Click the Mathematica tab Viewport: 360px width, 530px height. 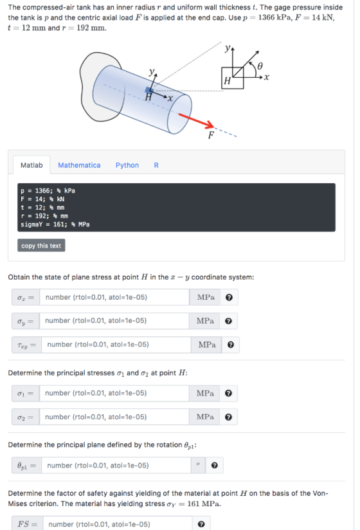[x=79, y=165]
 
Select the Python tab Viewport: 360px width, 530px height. [x=127, y=165]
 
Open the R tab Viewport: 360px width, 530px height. [x=156, y=165]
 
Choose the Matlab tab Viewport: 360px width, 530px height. [x=32, y=165]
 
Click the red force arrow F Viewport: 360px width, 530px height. [x=196, y=121]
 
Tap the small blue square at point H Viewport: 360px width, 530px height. [x=148, y=90]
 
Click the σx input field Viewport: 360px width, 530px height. [x=114, y=297]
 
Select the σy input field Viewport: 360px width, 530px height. [x=114, y=321]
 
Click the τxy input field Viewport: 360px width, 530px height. [x=116, y=345]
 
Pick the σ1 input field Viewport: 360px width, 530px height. [x=114, y=394]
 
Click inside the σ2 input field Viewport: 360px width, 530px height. [x=114, y=417]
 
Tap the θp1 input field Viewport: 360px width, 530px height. [x=116, y=466]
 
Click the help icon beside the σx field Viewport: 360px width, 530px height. [x=229, y=297]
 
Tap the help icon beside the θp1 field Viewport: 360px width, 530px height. [x=214, y=466]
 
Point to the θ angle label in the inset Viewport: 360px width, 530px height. [x=260, y=66]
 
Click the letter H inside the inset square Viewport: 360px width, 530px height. [x=228, y=81]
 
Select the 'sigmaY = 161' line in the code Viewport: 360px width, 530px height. [x=55, y=224]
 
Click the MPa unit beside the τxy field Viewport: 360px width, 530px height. [x=207, y=345]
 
